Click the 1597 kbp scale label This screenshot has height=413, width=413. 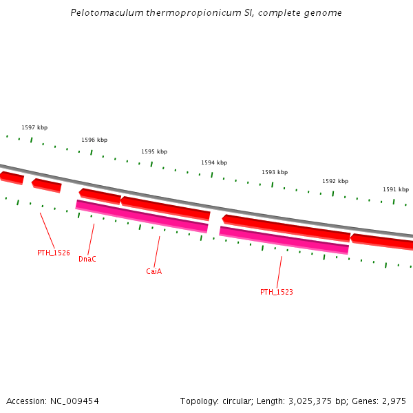34,127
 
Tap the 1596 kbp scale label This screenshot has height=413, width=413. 94,140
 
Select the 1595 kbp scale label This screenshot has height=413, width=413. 154,151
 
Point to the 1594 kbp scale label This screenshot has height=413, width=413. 214,162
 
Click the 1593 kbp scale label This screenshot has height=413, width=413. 275,172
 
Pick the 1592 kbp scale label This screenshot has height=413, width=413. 335,181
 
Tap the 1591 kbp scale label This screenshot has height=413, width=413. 396,189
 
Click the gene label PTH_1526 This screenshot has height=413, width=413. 54,253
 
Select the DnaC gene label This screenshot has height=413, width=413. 87,259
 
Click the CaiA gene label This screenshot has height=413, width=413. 153,271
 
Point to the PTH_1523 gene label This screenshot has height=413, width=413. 277,292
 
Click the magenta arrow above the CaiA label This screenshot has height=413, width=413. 142,216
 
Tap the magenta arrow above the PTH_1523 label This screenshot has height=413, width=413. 284,240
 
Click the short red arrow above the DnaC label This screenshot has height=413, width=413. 100,195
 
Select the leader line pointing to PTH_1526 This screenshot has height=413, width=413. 47,230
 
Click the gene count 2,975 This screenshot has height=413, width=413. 393,401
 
